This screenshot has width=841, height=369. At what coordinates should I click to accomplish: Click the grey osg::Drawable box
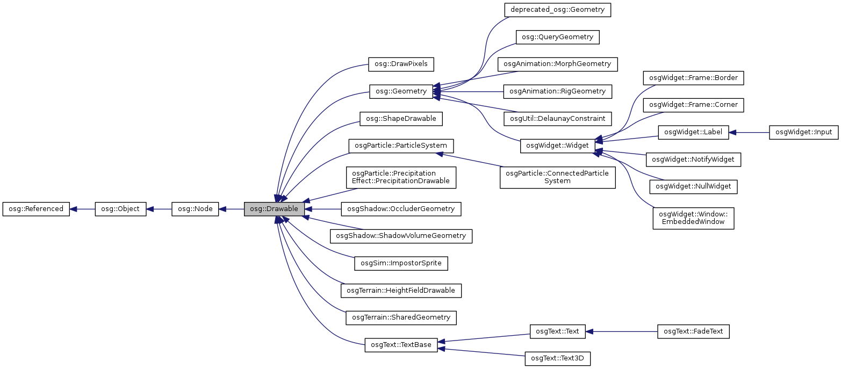(275, 209)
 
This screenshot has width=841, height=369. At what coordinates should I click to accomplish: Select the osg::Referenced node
(36, 209)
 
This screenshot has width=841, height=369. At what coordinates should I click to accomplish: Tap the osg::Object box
(120, 209)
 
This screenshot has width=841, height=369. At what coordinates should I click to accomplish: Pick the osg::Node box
(195, 209)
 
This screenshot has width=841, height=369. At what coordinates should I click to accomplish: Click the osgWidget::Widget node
(557, 146)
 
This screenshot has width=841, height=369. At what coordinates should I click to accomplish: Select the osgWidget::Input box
(803, 132)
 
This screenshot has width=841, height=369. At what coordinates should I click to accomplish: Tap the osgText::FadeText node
(693, 331)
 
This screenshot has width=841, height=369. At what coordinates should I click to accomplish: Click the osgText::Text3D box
(558, 359)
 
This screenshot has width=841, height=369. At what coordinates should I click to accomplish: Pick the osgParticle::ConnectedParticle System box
(557, 177)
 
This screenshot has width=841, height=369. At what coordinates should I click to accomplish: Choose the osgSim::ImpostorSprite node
(401, 263)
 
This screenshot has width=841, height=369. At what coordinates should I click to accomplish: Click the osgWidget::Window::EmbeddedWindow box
(693, 218)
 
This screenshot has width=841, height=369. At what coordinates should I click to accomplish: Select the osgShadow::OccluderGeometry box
(401, 209)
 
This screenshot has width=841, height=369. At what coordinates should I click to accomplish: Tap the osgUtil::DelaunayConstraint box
(557, 118)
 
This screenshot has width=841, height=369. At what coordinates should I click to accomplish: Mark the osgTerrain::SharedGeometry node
(401, 317)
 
